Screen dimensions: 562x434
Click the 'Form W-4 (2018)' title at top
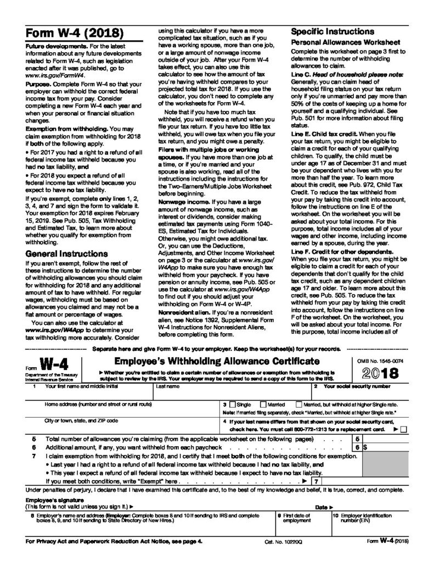tap(71, 33)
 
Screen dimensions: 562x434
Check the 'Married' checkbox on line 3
tap(264, 403)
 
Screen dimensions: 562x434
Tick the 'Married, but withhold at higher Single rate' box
tap(299, 403)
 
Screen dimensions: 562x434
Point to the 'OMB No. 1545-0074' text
tap(381, 359)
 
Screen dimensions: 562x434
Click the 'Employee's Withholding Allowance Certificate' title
tap(217, 361)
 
